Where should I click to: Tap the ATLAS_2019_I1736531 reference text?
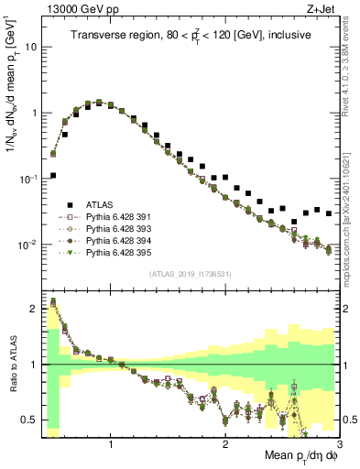(191, 274)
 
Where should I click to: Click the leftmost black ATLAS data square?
(53, 175)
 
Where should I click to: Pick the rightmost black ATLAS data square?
(329, 213)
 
